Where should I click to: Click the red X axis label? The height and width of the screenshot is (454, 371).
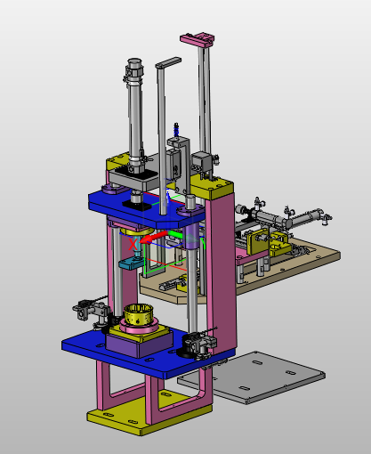pyautogui.click(x=133, y=245)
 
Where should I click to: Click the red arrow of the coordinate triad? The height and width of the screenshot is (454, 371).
pyautogui.click(x=154, y=238)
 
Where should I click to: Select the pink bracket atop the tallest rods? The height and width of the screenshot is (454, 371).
pyautogui.click(x=198, y=39)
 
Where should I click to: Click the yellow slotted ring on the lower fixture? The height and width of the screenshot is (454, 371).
pyautogui.click(x=138, y=315)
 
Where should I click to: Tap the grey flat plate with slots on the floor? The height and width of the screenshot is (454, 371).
pyautogui.click(x=252, y=377)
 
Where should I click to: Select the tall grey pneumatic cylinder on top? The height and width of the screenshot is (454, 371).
pyautogui.click(x=135, y=116)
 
